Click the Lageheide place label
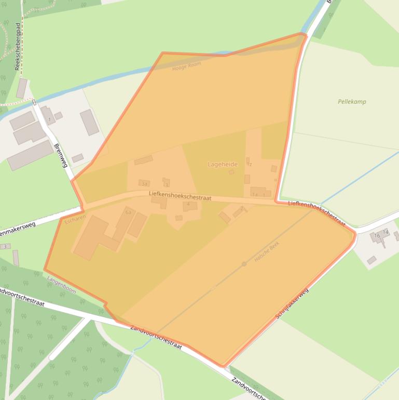(223, 164)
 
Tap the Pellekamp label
(352, 102)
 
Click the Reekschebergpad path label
(18, 46)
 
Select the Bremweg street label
(61, 155)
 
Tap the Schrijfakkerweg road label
(292, 303)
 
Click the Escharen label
(75, 220)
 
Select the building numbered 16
(377, 236)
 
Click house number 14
(386, 232)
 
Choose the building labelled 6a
(128, 212)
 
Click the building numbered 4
(188, 205)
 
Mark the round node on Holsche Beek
(244, 264)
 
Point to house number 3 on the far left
(5, 246)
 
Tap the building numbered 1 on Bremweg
(50, 119)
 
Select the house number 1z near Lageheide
(250, 164)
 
